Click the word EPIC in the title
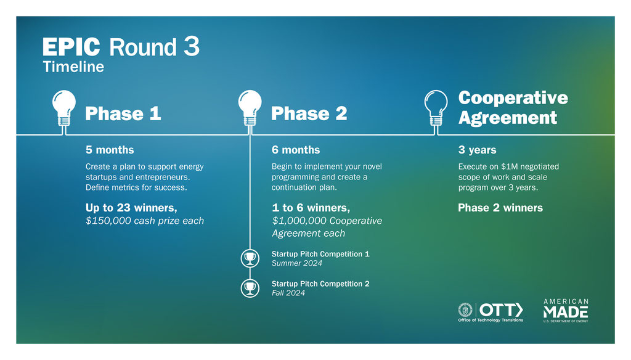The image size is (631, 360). pyautogui.click(x=71, y=47)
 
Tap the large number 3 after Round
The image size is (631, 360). pyautogui.click(x=192, y=46)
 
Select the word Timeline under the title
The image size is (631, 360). pyautogui.click(x=73, y=67)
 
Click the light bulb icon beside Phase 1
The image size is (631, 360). pyautogui.click(x=64, y=110)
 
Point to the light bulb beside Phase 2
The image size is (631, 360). pyautogui.click(x=250, y=110)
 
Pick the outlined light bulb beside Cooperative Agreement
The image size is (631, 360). pyautogui.click(x=436, y=110)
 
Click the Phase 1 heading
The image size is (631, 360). pyautogui.click(x=123, y=113)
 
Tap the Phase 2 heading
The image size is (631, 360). pyautogui.click(x=309, y=113)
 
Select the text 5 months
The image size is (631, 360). pyautogui.click(x=110, y=150)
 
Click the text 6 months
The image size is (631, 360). pyautogui.click(x=296, y=150)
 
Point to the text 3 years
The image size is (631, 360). pyautogui.click(x=478, y=150)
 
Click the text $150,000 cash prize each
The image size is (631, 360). pyautogui.click(x=145, y=221)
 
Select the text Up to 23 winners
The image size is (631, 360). pyautogui.click(x=131, y=208)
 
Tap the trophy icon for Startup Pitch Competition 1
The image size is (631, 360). pyautogui.click(x=250, y=258)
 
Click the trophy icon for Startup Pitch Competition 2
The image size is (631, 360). pyautogui.click(x=250, y=288)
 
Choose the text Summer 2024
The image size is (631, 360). pyautogui.click(x=297, y=263)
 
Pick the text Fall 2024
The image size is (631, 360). pyautogui.click(x=288, y=293)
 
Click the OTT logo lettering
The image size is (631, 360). pyautogui.click(x=501, y=310)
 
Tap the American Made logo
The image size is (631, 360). pyautogui.click(x=566, y=311)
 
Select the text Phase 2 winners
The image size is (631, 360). pyautogui.click(x=500, y=208)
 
